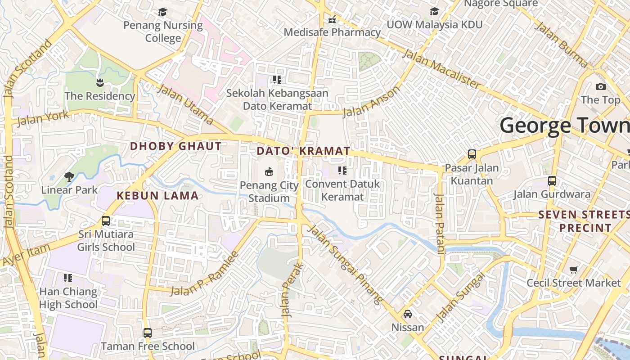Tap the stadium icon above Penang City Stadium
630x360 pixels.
(x=269, y=171)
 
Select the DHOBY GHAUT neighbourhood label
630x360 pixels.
(x=176, y=146)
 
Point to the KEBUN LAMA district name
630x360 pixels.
(x=157, y=196)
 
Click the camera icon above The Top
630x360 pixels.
(x=600, y=87)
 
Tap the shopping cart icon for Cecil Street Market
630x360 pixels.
(x=573, y=270)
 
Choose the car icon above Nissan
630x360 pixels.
(x=407, y=314)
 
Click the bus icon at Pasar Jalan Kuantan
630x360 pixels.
(x=472, y=154)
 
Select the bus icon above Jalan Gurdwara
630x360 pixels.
(x=552, y=181)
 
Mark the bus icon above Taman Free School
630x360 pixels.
(x=148, y=333)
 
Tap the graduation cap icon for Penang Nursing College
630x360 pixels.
(x=162, y=12)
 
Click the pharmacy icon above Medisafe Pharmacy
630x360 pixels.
(x=332, y=19)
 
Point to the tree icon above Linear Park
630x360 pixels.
(x=69, y=176)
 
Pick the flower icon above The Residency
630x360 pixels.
(x=99, y=82)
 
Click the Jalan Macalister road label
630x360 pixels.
(x=441, y=68)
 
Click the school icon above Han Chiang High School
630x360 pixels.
(x=68, y=278)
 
